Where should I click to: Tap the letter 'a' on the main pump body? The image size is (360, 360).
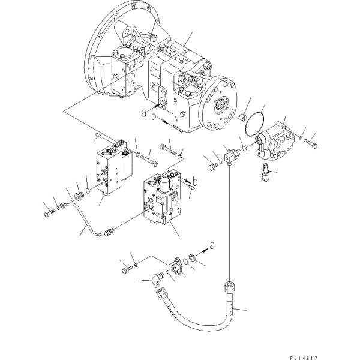pos(143,112)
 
